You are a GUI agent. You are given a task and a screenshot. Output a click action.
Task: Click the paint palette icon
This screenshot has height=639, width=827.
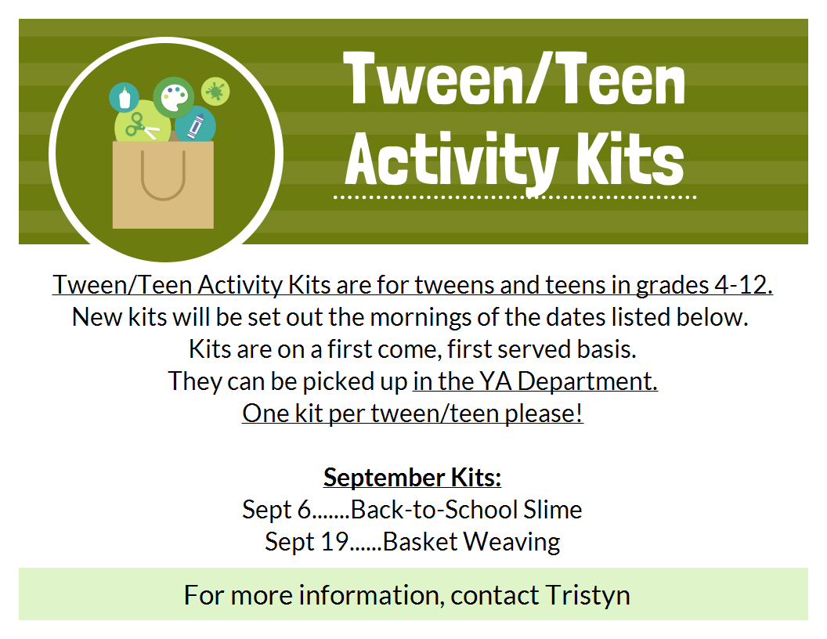point(174,99)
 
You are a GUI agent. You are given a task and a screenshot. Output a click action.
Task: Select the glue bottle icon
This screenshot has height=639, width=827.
point(125,98)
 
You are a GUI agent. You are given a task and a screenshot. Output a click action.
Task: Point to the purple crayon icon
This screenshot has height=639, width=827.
point(195,126)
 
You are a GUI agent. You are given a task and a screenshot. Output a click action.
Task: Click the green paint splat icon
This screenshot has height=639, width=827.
point(215,91)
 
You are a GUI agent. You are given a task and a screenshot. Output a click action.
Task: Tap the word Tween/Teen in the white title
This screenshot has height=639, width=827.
point(514,79)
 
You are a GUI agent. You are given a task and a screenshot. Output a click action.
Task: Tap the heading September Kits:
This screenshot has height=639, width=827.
point(413,477)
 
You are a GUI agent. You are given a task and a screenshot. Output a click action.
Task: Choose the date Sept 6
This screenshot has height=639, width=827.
point(276,510)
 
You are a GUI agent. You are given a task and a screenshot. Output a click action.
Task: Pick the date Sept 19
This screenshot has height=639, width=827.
point(306,541)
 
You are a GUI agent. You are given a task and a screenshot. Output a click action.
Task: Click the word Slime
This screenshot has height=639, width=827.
point(552,509)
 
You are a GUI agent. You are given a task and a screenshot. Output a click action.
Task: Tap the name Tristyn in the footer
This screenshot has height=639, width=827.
point(587,595)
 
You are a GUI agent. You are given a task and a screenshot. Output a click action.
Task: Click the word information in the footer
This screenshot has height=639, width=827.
point(368,594)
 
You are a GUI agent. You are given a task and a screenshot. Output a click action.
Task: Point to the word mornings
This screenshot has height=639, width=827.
point(419,318)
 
